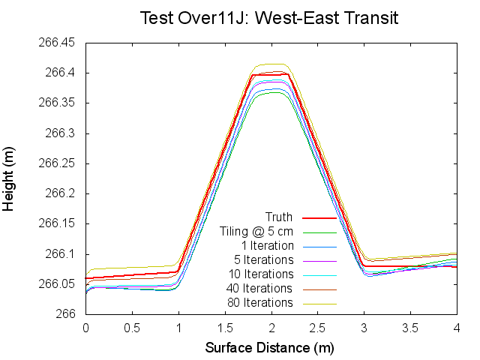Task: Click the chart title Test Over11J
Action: pyautogui.click(x=269, y=17)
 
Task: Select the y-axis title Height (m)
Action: pyautogui.click(x=10, y=178)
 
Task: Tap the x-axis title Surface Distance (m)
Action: pyautogui.click(x=269, y=348)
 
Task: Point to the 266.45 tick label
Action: pyautogui.click(x=56, y=43)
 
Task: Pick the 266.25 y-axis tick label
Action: pyautogui.click(x=56, y=163)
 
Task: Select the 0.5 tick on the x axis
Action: pyautogui.click(x=132, y=328)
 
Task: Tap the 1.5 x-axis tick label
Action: pyautogui.click(x=225, y=328)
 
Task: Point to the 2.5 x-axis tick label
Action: pyautogui.click(x=318, y=328)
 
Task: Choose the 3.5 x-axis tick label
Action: pyautogui.click(x=411, y=328)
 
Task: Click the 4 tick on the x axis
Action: pyautogui.click(x=457, y=328)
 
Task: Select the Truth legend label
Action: pyautogui.click(x=279, y=217)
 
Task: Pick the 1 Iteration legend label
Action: pyautogui.click(x=267, y=246)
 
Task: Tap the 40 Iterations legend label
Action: pyautogui.click(x=259, y=289)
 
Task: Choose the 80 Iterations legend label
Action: pyautogui.click(x=259, y=303)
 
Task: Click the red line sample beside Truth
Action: pyautogui.click(x=319, y=217)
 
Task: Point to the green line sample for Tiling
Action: pyautogui.click(x=319, y=232)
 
